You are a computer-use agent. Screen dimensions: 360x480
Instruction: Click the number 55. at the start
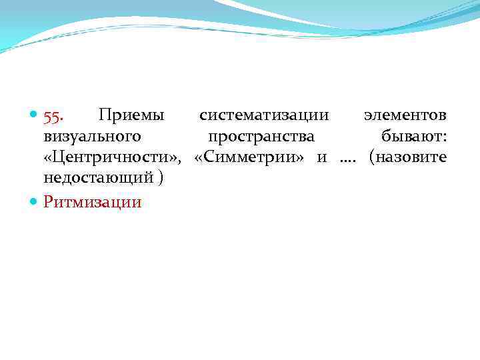tap(53, 116)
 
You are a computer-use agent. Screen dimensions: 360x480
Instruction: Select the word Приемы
tap(130, 115)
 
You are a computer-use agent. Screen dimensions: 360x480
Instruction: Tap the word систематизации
tap(264, 115)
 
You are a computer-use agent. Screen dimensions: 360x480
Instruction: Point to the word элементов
tap(405, 115)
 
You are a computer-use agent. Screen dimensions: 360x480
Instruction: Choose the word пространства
tap(261, 137)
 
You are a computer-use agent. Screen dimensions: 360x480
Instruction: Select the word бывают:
tap(414, 136)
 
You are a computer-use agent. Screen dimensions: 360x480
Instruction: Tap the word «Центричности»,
tap(113, 157)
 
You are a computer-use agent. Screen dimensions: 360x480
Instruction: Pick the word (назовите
tap(407, 157)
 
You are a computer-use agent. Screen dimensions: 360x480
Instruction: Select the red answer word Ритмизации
tap(93, 201)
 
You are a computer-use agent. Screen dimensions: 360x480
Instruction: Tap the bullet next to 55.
tap(34, 117)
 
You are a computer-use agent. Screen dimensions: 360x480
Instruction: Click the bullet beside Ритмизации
tap(34, 201)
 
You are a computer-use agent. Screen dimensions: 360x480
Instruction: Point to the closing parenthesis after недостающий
tap(161, 179)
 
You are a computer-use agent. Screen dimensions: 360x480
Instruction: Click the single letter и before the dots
tap(322, 158)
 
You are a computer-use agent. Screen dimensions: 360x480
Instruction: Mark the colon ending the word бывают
tap(444, 137)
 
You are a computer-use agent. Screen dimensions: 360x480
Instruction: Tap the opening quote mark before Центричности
tap(48, 158)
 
